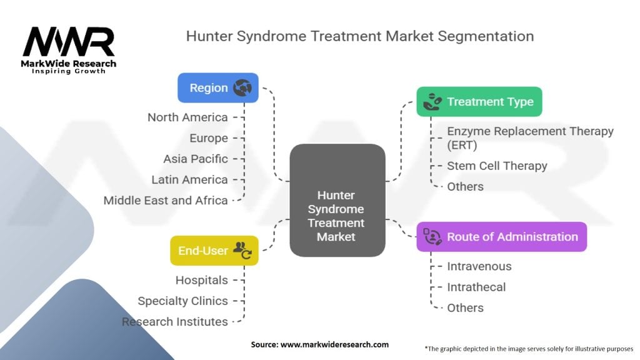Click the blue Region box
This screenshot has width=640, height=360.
tap(217, 88)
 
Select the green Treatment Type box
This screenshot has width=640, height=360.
tap(479, 101)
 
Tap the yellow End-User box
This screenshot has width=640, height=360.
tap(214, 251)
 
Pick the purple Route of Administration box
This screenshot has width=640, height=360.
tap(501, 237)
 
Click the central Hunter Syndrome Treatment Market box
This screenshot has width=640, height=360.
tap(337, 200)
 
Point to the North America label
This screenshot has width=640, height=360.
tap(187, 117)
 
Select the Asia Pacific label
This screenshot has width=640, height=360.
tap(196, 159)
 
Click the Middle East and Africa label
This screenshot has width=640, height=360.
tap(166, 201)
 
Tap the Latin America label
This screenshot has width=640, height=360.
tap(189, 180)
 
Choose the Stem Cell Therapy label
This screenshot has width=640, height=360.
tap(497, 166)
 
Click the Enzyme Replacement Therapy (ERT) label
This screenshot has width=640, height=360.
tap(530, 138)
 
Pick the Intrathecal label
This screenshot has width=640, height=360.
tap(476, 287)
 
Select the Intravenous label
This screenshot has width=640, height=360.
tap(479, 266)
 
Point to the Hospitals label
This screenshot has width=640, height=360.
tap(201, 280)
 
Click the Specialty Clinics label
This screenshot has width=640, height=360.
tap(182, 301)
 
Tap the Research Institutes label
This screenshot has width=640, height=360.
tap(175, 322)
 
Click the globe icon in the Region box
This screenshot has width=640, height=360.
tap(242, 88)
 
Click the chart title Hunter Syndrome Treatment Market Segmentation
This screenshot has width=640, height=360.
tap(359, 36)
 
